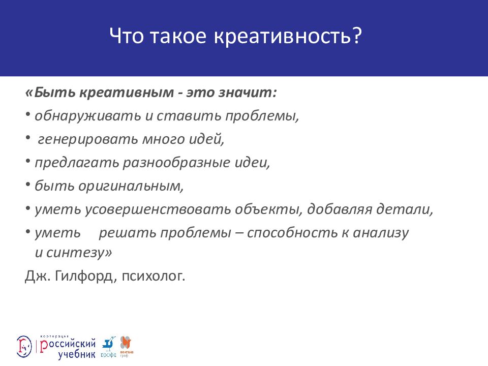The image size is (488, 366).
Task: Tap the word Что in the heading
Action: pyautogui.click(x=127, y=38)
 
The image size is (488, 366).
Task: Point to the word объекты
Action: pyautogui.click(x=271, y=209)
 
